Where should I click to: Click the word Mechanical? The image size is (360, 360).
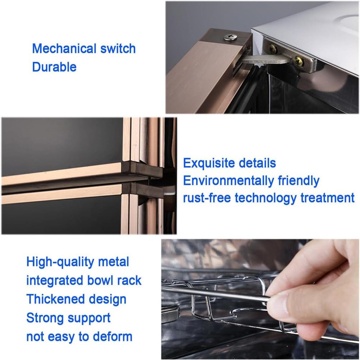(64, 49)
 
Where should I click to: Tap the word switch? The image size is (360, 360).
(118, 49)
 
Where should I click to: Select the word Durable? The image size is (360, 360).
(54, 67)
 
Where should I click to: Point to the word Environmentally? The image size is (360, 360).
(229, 181)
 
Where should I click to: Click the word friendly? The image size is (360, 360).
(299, 180)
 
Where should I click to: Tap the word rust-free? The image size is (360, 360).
(207, 198)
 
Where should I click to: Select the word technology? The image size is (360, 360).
(266, 198)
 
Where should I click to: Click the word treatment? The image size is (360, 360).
(328, 198)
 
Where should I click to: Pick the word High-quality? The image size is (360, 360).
(60, 262)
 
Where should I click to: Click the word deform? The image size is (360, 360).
(112, 337)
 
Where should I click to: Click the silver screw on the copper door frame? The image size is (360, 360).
(231, 37)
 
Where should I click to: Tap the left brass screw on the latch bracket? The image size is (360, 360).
(273, 48)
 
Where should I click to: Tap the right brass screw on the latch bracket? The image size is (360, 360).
(299, 61)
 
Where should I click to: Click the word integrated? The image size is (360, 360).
(55, 281)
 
